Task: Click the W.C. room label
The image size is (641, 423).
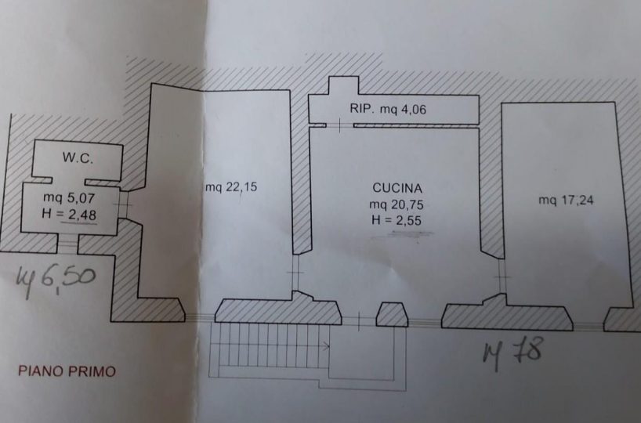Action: [78, 159]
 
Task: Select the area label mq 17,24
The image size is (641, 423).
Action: [566, 200]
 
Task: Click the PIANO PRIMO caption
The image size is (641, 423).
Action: [67, 371]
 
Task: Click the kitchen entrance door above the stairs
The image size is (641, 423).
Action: [360, 320]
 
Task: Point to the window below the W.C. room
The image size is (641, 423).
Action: [69, 244]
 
